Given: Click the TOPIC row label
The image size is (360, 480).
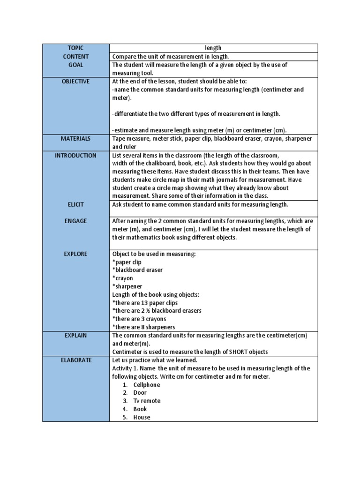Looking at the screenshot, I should (x=75, y=48).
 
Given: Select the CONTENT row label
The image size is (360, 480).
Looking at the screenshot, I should (x=75, y=56).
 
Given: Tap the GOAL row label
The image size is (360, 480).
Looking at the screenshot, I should (x=75, y=65).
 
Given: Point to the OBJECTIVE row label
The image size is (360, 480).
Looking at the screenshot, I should (x=75, y=81).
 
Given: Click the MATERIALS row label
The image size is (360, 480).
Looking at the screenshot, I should (x=75, y=139).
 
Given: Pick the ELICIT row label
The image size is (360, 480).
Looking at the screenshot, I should (x=75, y=204).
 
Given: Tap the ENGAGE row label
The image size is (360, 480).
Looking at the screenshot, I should (x=75, y=221).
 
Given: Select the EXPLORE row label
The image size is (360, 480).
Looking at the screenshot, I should (x=75, y=254).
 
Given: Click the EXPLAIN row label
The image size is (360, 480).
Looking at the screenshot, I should (x=75, y=336).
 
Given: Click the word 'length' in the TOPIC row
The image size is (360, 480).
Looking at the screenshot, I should (x=213, y=48).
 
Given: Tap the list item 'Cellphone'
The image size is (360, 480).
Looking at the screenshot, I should (x=146, y=385).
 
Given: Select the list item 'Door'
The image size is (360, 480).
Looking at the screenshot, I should (x=140, y=393).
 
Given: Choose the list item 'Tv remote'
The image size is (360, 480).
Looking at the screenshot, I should (x=146, y=401).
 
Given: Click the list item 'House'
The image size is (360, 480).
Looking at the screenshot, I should (x=142, y=418).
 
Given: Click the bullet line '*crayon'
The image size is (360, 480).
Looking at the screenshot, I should (x=122, y=278).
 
